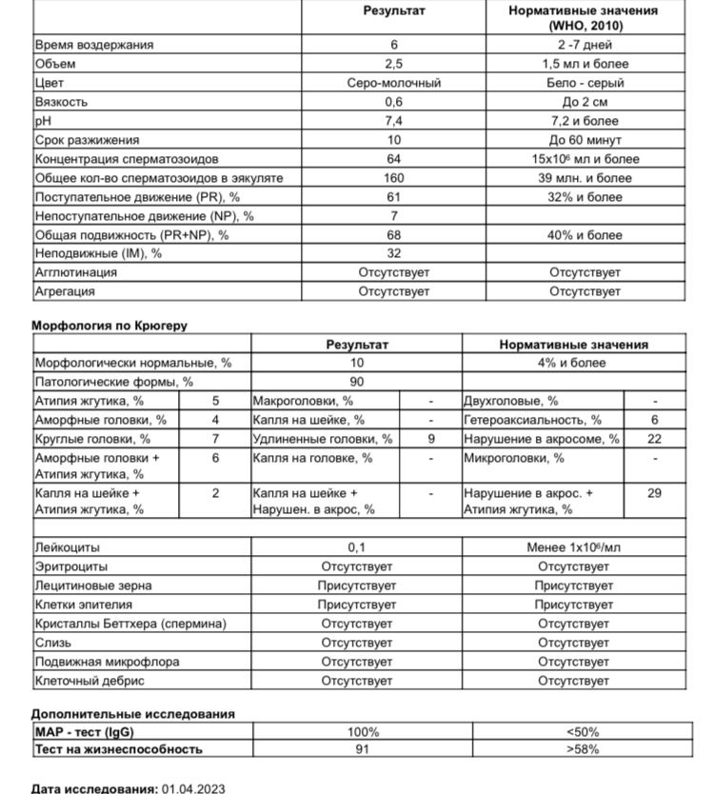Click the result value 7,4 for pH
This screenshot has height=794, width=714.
click(393, 121)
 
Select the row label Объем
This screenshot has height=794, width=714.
click(55, 64)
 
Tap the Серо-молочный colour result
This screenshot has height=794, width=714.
click(393, 83)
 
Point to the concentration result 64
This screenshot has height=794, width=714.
click(393, 159)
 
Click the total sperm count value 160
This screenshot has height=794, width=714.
click(393, 178)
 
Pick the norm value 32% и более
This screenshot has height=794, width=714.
click(585, 197)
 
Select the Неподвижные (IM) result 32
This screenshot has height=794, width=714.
click(393, 254)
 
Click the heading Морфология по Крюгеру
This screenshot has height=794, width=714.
click(109, 326)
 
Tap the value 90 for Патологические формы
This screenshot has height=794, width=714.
click(357, 382)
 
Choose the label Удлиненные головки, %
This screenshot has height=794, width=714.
click(322, 439)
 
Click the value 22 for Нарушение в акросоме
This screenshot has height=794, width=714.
click(654, 439)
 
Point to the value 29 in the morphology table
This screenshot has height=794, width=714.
click(654, 493)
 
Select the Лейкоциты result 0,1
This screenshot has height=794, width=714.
click(357, 547)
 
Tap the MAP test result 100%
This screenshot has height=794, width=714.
click(363, 732)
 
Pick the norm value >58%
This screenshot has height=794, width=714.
click(582, 749)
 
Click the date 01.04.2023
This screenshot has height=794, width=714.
click(193, 789)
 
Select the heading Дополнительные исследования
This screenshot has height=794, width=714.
click(132, 713)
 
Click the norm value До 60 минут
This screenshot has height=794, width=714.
click(585, 140)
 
